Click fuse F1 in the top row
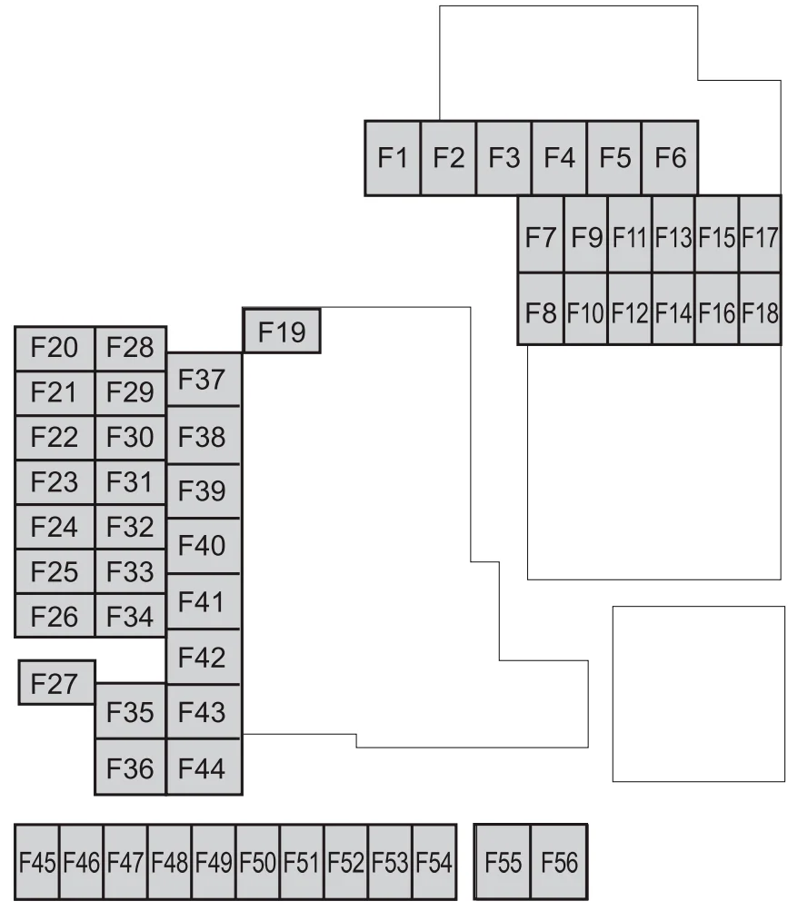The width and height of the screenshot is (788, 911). pyautogui.click(x=393, y=157)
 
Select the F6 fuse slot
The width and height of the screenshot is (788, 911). pyautogui.click(x=670, y=157)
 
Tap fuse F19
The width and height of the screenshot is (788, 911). pyautogui.click(x=282, y=332)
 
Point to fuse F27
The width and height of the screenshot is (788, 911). pyautogui.click(x=57, y=683)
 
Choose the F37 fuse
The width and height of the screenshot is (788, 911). pyautogui.click(x=204, y=380)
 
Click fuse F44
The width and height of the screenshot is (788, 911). pyautogui.click(x=204, y=767)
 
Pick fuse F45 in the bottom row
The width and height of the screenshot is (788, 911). pyautogui.click(x=37, y=862)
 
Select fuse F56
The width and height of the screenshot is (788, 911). pyautogui.click(x=559, y=862)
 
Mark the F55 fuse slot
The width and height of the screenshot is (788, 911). pyautogui.click(x=503, y=862)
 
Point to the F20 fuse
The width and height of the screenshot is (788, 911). pyautogui.click(x=55, y=349)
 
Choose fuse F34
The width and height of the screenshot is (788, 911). pyautogui.click(x=130, y=615)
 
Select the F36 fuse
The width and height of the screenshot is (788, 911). pyautogui.click(x=130, y=767)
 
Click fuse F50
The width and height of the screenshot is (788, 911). pyautogui.click(x=257, y=862)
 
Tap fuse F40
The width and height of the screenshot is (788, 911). pyautogui.click(x=204, y=546)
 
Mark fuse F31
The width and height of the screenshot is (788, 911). pyautogui.click(x=130, y=481)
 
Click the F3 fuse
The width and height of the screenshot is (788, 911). pyautogui.click(x=504, y=157)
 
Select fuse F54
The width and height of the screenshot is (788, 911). pyautogui.click(x=434, y=862)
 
